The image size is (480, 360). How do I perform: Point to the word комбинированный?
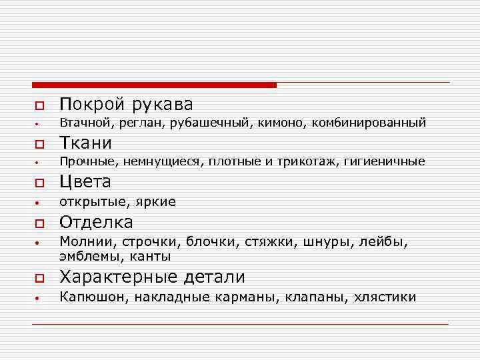tap(368, 123)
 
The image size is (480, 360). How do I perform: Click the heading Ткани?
tap(85, 143)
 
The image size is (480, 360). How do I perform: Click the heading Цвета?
tap(85, 182)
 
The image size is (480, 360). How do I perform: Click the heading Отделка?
tap(96, 222)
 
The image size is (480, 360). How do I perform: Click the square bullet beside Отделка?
tap(39, 223)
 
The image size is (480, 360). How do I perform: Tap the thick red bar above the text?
tap(154, 85)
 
